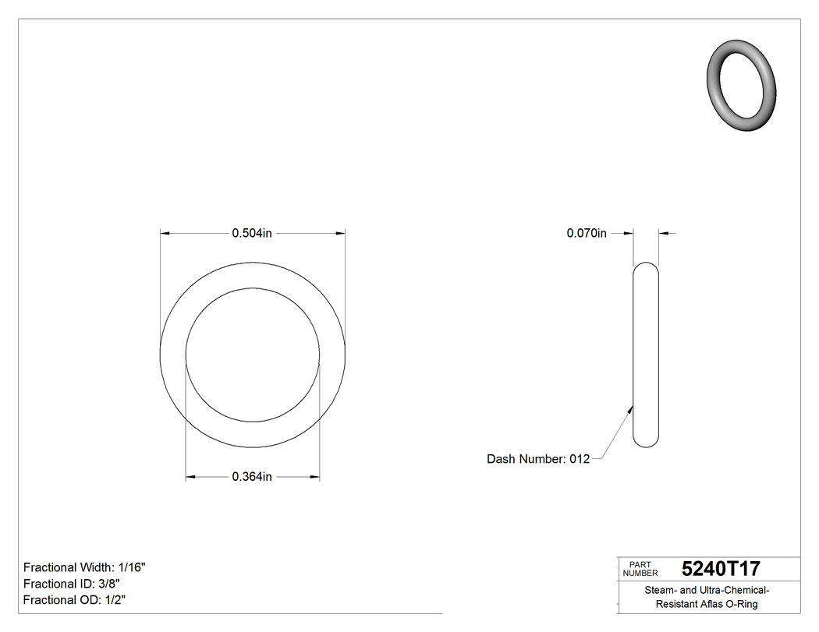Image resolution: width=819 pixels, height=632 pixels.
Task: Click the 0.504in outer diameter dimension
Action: click(x=251, y=232)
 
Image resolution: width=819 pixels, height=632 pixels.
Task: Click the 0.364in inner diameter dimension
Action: click(x=251, y=477)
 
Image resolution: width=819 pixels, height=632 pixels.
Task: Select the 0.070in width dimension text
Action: click(x=587, y=232)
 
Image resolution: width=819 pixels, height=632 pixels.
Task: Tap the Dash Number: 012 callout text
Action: click(x=538, y=459)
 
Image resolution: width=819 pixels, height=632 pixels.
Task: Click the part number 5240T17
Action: click(x=720, y=568)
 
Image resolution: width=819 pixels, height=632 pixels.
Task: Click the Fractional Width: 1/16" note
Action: click(x=84, y=567)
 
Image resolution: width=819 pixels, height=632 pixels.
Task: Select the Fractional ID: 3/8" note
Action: click(x=72, y=584)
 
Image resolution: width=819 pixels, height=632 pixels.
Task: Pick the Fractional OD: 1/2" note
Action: click(x=74, y=600)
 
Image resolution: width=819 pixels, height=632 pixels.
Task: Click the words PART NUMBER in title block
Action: click(x=640, y=569)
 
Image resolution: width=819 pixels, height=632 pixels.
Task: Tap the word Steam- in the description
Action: click(x=660, y=591)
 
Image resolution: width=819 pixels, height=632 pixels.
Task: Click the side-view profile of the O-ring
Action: click(x=646, y=355)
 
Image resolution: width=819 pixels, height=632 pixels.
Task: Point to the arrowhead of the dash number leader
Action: click(x=630, y=405)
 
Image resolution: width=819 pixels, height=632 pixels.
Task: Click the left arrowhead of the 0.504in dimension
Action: click(x=165, y=232)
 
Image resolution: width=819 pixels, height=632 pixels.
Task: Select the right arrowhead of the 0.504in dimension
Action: click(x=341, y=232)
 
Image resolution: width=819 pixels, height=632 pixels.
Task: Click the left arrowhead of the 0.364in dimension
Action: click(x=190, y=477)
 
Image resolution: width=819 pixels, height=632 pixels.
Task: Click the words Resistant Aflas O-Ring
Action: click(x=706, y=605)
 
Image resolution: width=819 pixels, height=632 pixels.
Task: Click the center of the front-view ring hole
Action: click(x=252, y=355)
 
